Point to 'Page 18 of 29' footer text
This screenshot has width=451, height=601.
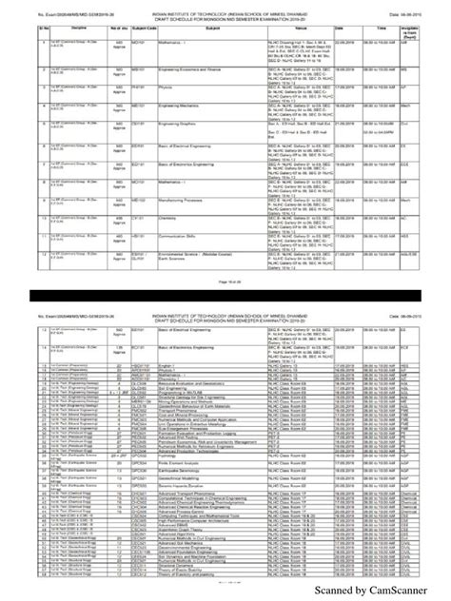(225, 282)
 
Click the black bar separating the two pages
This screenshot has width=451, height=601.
(225, 299)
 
